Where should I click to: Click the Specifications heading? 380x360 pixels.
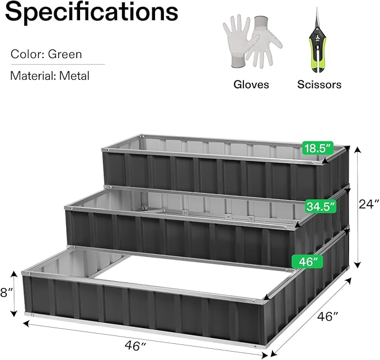(92, 12)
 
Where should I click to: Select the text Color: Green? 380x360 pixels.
(46, 54)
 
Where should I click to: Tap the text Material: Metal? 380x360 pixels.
(50, 76)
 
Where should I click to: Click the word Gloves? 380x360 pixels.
(251, 84)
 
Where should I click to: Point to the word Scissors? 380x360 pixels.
(319, 84)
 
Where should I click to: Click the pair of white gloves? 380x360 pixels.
(252, 41)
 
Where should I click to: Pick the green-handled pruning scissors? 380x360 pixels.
(317, 41)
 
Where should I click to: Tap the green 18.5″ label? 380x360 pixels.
(317, 148)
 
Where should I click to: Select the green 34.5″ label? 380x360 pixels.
(321, 206)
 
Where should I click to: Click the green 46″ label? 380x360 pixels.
(308, 262)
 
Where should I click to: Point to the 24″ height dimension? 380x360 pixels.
(369, 205)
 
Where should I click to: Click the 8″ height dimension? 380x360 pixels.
(6, 293)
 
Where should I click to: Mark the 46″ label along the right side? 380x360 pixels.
(327, 316)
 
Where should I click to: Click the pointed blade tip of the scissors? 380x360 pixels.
(317, 8)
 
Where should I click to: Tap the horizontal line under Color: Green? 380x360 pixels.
(58, 65)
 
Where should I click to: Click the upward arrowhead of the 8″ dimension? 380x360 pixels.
(14, 274)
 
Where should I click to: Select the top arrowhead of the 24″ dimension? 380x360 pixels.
(358, 150)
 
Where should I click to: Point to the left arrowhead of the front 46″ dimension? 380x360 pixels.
(26, 324)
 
